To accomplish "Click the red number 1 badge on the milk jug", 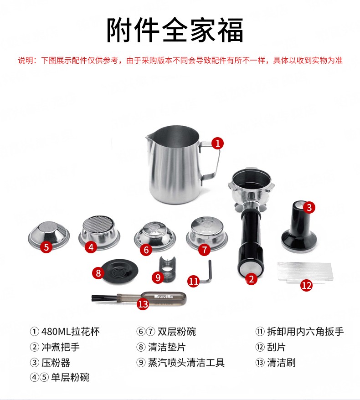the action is point(217,143).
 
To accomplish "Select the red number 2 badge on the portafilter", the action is point(251,279).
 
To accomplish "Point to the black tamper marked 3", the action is point(298,227).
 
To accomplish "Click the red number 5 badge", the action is point(46,247).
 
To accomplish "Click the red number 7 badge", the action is point(204,250).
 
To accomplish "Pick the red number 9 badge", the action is point(158,277).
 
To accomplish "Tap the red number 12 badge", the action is point(306,285).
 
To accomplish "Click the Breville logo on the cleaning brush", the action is point(164,297).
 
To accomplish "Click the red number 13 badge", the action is point(143,304).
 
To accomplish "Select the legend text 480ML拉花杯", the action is point(71,331).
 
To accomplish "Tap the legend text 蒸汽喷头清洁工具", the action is point(186,363).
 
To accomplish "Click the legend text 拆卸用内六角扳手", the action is point(305,331).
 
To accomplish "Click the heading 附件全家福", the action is point(175,30).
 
